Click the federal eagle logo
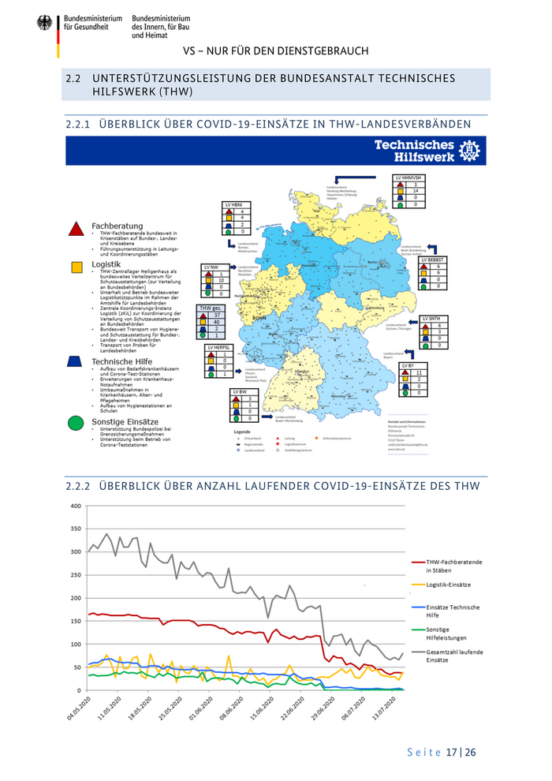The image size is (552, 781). coord(43,23)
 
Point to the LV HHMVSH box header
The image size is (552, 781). coord(409,178)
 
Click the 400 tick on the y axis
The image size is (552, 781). coord(76,506)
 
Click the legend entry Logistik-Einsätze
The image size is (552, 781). coord(449,585)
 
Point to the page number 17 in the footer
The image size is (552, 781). coord(453,752)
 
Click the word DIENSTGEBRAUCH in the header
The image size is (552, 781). coord(324,51)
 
